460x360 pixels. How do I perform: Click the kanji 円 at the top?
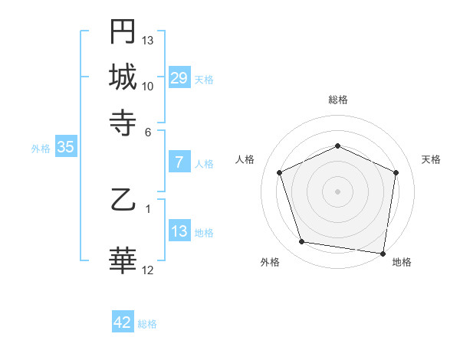(x=123, y=31)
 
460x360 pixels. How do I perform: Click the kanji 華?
(x=123, y=260)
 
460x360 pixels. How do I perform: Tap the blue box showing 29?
(x=179, y=78)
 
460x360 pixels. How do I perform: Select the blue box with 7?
(x=179, y=162)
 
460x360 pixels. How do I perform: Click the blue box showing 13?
(x=179, y=231)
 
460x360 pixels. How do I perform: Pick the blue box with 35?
(x=65, y=148)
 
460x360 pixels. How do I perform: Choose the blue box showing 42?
(x=123, y=322)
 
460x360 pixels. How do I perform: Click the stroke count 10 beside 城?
(x=148, y=86)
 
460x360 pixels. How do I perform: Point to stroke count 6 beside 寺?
(x=149, y=131)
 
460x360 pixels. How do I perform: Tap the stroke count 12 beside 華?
(x=148, y=270)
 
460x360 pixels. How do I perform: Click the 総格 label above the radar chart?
(x=337, y=100)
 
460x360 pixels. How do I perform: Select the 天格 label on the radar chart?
(x=431, y=159)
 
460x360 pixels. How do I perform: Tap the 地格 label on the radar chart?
(x=402, y=263)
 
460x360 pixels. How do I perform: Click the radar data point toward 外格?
(x=302, y=242)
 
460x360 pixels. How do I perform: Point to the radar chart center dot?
(x=337, y=191)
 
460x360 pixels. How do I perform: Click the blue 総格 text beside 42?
(x=147, y=324)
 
